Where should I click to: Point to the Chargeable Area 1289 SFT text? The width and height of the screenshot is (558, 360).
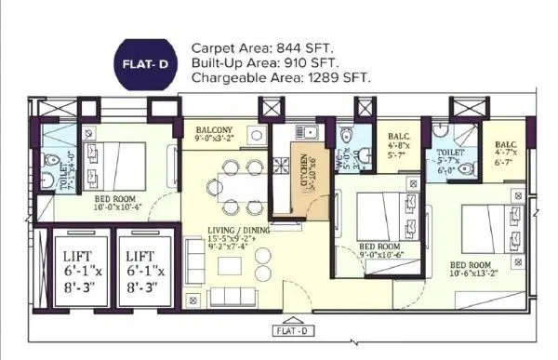pyautogui.click(x=281, y=78)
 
